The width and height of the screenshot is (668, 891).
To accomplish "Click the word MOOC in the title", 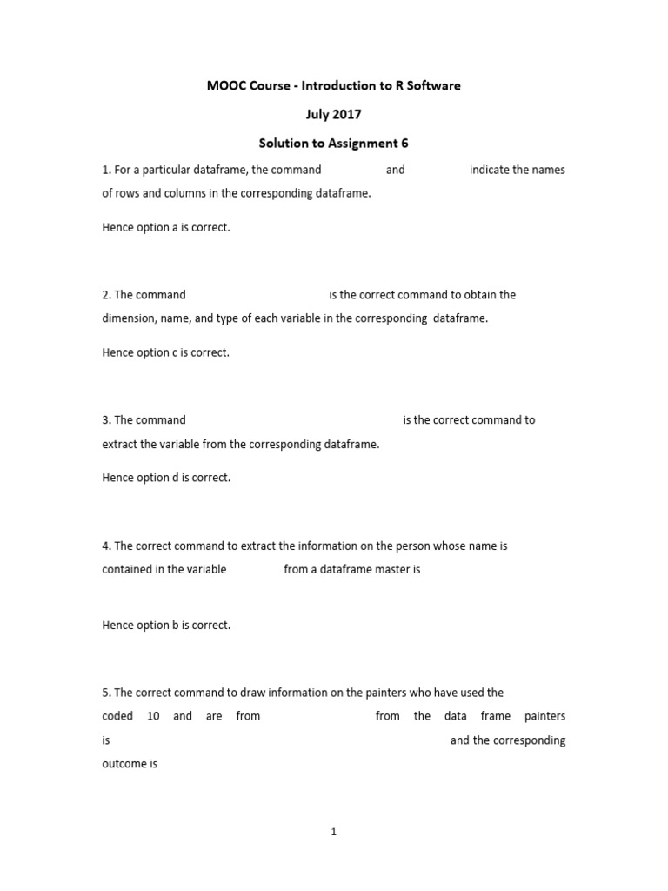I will pyautogui.click(x=226, y=86).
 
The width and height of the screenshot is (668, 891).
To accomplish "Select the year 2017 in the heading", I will pyautogui.click(x=348, y=114).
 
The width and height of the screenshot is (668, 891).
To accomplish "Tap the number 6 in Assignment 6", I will pyautogui.click(x=404, y=143).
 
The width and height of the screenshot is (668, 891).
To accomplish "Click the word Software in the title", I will pyautogui.click(x=429, y=86).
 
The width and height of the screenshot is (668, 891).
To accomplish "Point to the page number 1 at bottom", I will pyautogui.click(x=334, y=832).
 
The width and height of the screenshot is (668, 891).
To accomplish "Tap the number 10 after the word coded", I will pyautogui.click(x=153, y=716).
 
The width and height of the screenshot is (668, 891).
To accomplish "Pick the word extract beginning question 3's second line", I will pyautogui.click(x=119, y=444).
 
